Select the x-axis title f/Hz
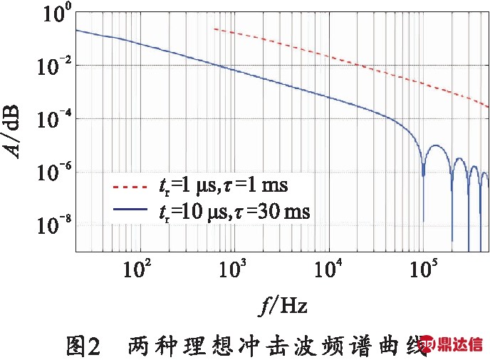[283, 307]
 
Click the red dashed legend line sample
[131, 187]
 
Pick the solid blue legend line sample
[131, 211]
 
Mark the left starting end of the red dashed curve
[214, 29]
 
